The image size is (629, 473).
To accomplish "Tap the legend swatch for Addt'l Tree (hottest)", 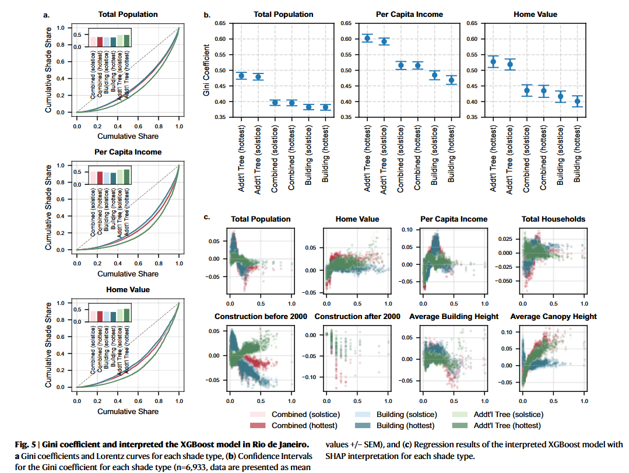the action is coord(460,425).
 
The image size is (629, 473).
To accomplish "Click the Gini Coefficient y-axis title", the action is coord(206,70).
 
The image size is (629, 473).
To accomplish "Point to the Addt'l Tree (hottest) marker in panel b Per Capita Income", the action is coord(367,38).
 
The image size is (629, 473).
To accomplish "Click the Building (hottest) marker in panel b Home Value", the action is coord(577,101).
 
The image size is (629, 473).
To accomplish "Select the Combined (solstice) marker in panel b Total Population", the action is coord(275,103).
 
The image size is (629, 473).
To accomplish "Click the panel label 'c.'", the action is coord(207,217).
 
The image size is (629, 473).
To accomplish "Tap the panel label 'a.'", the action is coord(47,15).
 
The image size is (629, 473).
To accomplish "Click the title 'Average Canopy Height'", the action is coord(553,317).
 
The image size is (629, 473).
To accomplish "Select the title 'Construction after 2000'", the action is coord(357,317).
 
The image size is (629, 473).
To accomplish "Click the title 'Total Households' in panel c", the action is coord(553,219).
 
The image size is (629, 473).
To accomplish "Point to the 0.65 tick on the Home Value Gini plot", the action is coord(472,23).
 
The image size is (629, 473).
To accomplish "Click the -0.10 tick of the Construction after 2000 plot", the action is coord(310,377).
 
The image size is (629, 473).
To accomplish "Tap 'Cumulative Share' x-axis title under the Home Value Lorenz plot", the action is coord(128,412).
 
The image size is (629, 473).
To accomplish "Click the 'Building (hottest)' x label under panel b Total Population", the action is coord(325,154).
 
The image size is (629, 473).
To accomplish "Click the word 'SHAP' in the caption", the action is coord(336,457).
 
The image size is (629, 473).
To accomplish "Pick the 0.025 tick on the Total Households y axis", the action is coord(505,239).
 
